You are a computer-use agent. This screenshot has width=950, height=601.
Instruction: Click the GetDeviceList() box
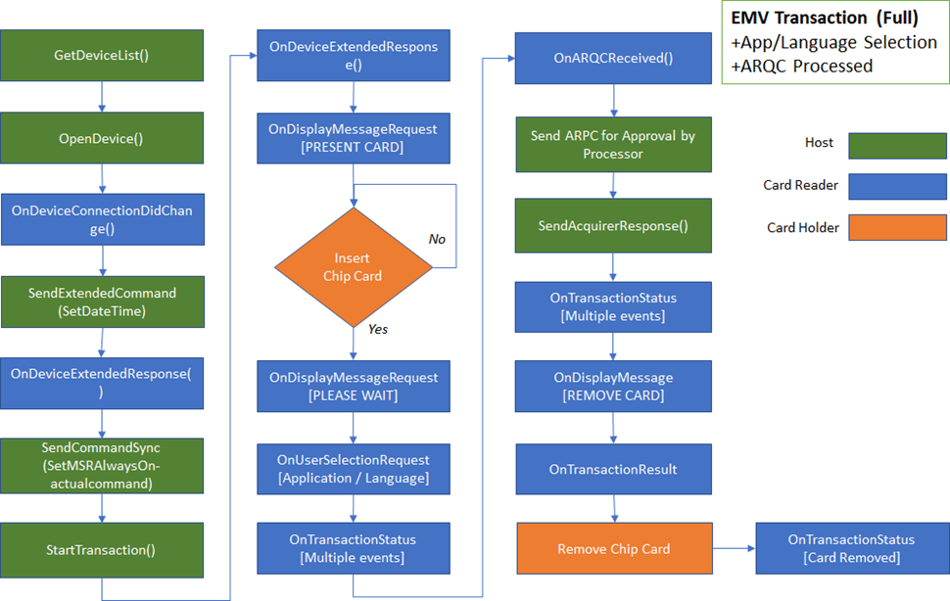pos(102,55)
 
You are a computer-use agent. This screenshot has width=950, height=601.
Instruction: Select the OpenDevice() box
pos(102,138)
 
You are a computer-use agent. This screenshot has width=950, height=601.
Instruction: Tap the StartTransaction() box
pos(102,550)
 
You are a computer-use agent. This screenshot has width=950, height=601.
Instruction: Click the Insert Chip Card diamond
pos(354,267)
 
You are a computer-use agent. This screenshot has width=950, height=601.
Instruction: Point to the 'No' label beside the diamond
pos(437,239)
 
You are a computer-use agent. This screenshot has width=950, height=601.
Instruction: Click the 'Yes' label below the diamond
pos(378,329)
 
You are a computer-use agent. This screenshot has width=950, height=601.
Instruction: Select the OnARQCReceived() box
pos(613,58)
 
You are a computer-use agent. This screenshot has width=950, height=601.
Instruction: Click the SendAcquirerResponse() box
pos(613,226)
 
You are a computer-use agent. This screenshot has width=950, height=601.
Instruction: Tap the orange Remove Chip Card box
pos(614,548)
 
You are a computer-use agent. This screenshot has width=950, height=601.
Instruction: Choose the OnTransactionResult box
pos(613,469)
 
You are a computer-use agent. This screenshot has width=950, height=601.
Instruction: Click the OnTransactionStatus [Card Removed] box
pos(852,548)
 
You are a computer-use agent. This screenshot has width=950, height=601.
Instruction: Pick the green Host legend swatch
pos(897,146)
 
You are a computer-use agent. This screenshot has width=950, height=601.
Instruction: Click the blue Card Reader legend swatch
pos(897,186)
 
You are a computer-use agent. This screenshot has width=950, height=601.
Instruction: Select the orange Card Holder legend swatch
pos(897,227)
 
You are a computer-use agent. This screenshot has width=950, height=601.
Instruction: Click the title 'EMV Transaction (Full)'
pos(825,18)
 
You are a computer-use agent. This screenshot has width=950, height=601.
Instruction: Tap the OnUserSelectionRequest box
pos(354,469)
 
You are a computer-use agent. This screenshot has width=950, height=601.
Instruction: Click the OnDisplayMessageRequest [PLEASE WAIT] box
pos(354,386)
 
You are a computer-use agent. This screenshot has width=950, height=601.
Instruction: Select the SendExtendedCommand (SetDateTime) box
pos(103,302)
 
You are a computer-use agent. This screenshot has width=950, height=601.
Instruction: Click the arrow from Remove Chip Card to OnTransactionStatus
pos(734,548)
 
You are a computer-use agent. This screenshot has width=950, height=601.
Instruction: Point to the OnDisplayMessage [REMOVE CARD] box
pos(613,386)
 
